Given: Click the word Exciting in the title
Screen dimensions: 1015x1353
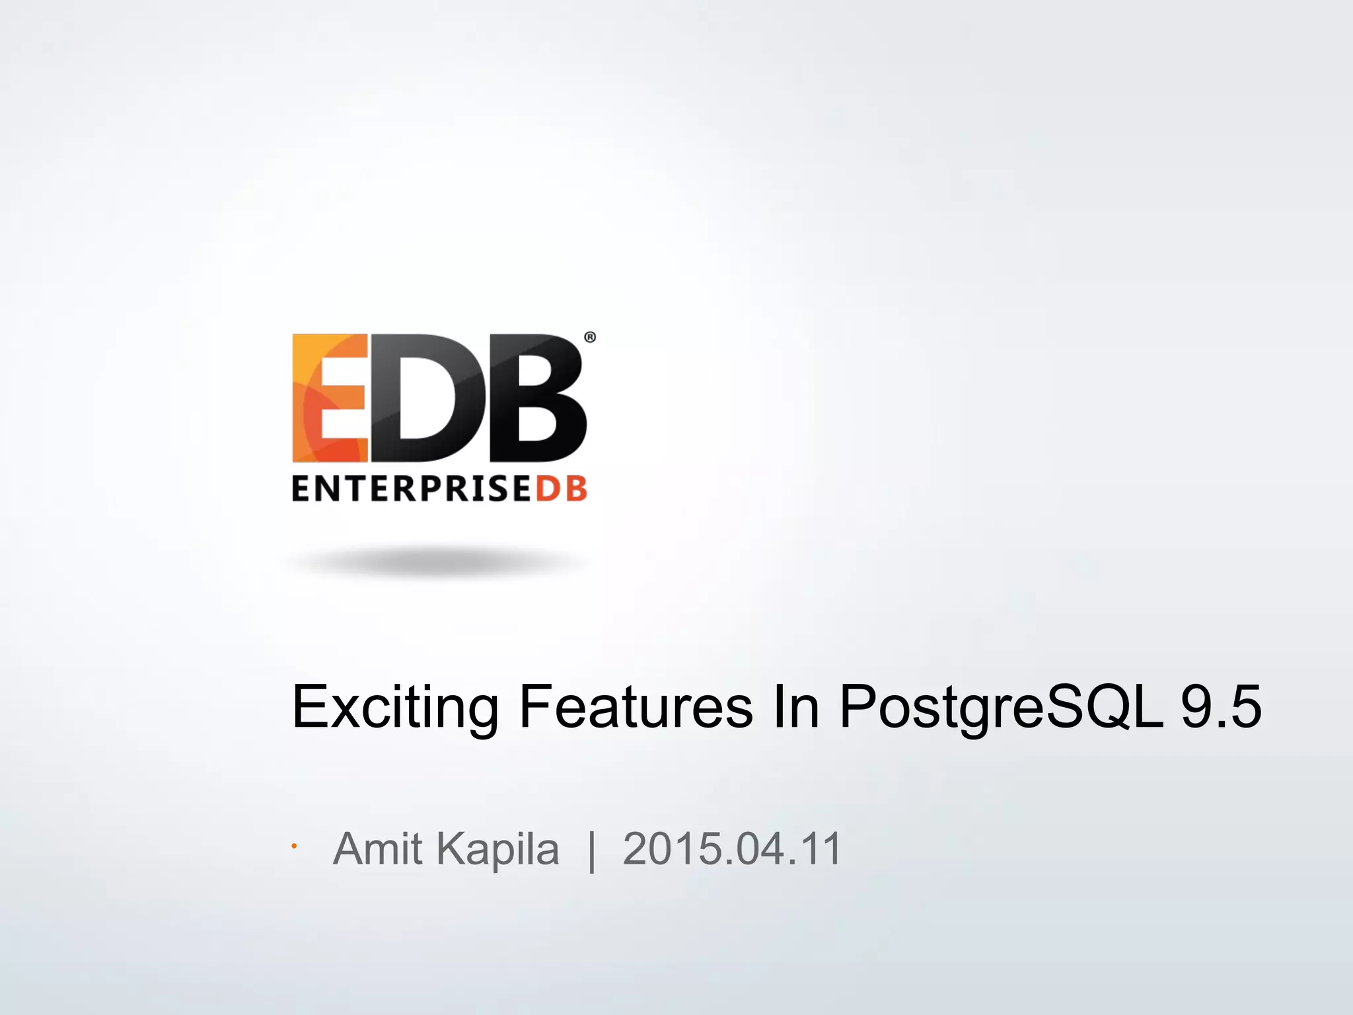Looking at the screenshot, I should pos(394,708).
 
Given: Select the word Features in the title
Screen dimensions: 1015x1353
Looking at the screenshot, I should pos(636,708).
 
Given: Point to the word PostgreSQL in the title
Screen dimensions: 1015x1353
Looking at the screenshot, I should pos(1000,708).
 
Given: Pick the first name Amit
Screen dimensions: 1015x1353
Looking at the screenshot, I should pos(378,848).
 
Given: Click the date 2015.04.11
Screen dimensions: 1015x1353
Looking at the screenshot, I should pos(732,848).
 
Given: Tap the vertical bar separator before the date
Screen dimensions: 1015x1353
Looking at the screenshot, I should pos(591,851).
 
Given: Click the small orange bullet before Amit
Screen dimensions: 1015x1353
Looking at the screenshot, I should pos(294,846).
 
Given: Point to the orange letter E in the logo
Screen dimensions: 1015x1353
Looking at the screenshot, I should pos(329,398).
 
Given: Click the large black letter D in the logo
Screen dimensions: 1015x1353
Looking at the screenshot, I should pos(427,398).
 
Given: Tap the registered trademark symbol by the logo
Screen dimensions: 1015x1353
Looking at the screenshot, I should pos(590,338).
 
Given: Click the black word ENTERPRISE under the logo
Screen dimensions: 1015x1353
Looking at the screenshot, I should pos(411,490).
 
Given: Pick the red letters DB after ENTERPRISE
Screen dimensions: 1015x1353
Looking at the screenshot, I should pos(561,490).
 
